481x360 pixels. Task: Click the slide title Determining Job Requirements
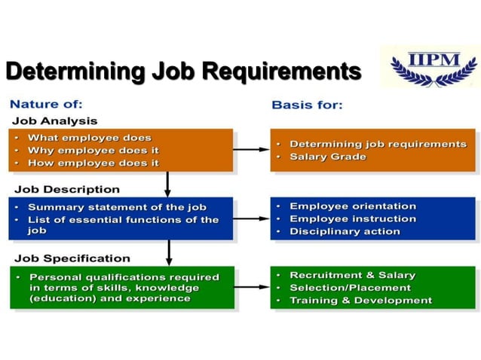coord(183,72)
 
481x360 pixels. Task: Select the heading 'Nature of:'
coord(46,104)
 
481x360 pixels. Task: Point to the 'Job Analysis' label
coord(54,121)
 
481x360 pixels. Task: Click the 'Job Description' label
coord(66,189)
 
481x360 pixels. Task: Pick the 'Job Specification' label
coord(72,258)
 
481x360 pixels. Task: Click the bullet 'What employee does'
coord(89,138)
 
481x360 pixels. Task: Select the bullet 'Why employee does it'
coord(93,150)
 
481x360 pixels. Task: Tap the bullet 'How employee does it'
coord(93,162)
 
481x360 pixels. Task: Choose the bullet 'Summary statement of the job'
coord(117,207)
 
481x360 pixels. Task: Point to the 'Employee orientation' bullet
coord(352,206)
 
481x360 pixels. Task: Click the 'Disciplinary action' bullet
coord(345,231)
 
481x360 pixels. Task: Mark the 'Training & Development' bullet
coord(360,300)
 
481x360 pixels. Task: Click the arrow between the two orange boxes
coord(251,149)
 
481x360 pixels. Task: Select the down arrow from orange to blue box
coord(167,184)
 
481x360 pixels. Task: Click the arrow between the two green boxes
coord(251,287)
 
